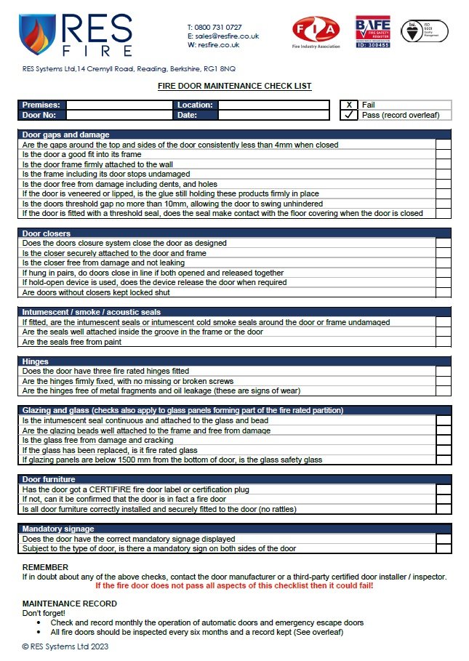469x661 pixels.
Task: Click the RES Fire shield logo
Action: pyautogui.click(x=36, y=35)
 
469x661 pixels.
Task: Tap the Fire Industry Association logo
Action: pyautogui.click(x=316, y=31)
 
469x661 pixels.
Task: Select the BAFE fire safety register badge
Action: pyautogui.click(x=373, y=31)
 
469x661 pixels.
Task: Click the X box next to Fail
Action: pyautogui.click(x=349, y=105)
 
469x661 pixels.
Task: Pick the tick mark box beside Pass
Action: pyautogui.click(x=349, y=115)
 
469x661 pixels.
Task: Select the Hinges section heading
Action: pyautogui.click(x=36, y=361)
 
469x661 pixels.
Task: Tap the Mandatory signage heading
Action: pyautogui.click(x=58, y=529)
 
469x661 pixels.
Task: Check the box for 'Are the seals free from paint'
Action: pyautogui.click(x=443, y=342)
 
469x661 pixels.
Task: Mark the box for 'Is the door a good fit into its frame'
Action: pyautogui.click(x=443, y=154)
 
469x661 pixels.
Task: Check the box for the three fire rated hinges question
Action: pyautogui.click(x=443, y=371)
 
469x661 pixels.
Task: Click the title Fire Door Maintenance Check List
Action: pyautogui.click(x=234, y=86)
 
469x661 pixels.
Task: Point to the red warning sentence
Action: pyautogui.click(x=234, y=585)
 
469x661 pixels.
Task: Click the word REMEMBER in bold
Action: pyautogui.click(x=45, y=567)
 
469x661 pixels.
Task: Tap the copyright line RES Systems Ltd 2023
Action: pyautogui.click(x=65, y=646)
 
